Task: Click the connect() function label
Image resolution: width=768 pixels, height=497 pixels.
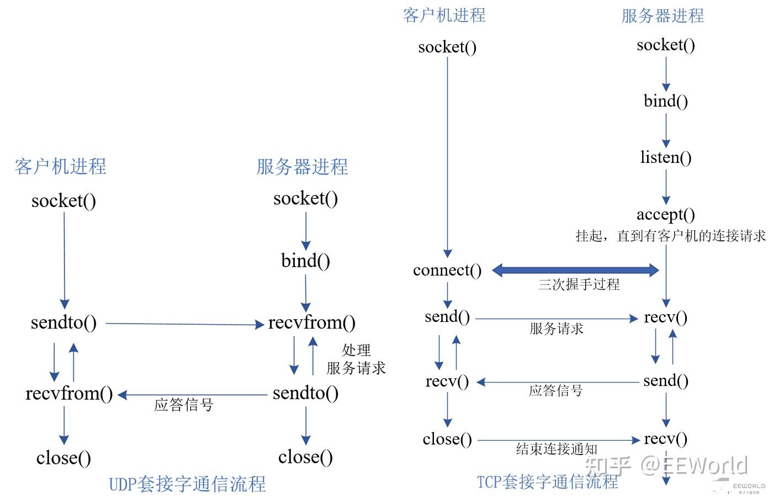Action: tap(447, 271)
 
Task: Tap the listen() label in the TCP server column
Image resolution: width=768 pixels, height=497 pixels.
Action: tap(666, 157)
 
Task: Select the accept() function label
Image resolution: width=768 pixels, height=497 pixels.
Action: tap(666, 215)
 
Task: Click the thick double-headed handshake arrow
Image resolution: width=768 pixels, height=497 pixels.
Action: tap(575, 270)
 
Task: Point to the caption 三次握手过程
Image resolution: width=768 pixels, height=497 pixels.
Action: tap(579, 284)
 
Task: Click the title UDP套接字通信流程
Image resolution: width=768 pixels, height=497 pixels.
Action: tap(187, 484)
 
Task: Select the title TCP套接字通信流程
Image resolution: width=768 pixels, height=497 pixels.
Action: tap(547, 482)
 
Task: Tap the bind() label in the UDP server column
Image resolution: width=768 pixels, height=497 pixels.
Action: tap(305, 261)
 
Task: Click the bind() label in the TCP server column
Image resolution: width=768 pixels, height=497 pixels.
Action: tap(666, 101)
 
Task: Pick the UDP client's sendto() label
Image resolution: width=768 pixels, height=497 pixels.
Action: tap(64, 322)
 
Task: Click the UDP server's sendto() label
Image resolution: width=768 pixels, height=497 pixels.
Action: tap(305, 393)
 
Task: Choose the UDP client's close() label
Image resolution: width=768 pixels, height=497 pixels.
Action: tap(64, 458)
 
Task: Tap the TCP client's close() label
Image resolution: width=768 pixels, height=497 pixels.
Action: tap(447, 440)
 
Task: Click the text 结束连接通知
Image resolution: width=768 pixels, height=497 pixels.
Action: tap(557, 449)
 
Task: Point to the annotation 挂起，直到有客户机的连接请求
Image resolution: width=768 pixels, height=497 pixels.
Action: tap(671, 236)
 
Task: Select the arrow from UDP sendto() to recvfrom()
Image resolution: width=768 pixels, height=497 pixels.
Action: tap(185, 324)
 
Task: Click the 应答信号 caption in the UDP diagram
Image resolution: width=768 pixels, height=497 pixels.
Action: tap(184, 405)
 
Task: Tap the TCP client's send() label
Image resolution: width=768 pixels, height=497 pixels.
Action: tap(447, 317)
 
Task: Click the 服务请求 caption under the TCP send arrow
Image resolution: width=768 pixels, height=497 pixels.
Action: tap(557, 329)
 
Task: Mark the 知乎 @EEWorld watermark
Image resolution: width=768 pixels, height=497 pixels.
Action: tap(666, 466)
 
